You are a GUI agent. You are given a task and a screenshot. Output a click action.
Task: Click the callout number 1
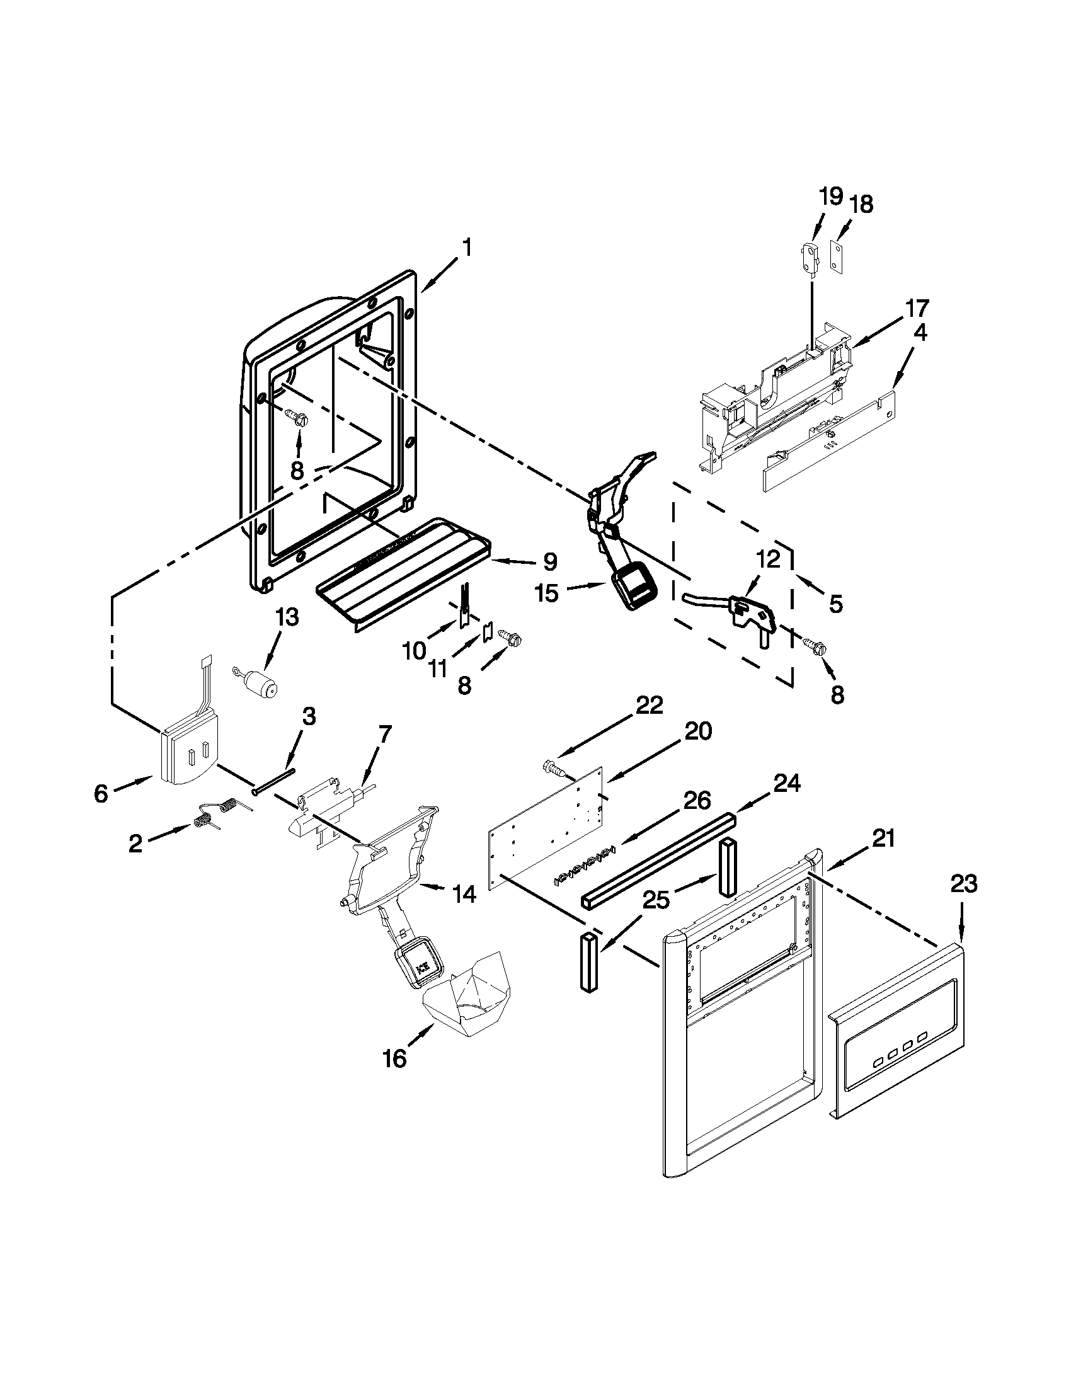[x=466, y=248]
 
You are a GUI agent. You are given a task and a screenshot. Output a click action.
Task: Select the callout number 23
[x=963, y=884]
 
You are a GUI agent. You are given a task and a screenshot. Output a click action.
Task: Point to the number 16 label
[x=394, y=1058]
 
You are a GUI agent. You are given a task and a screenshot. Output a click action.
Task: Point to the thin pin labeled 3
[x=274, y=781]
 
